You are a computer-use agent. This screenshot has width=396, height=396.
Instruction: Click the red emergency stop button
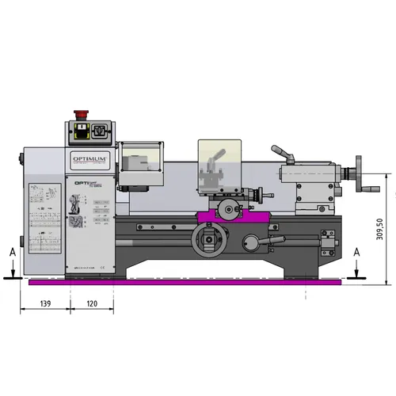pyautogui.click(x=81, y=128)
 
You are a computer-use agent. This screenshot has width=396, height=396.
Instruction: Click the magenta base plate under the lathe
pyautogui.click(x=182, y=283)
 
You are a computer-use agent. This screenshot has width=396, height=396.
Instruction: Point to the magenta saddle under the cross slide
pyautogui.click(x=230, y=214)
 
